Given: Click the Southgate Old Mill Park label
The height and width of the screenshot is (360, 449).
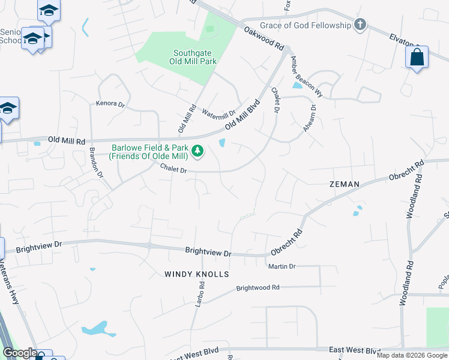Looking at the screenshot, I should click(x=194, y=56).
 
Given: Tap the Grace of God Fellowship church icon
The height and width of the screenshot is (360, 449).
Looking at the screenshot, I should click(x=360, y=25).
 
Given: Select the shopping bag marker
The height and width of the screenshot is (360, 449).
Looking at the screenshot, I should click(x=417, y=58).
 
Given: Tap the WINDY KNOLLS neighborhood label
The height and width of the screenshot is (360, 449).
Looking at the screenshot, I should click(x=197, y=274).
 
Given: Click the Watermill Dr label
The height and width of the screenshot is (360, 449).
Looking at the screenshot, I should click(x=218, y=112).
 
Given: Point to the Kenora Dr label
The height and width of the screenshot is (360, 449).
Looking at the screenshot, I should click(x=110, y=104).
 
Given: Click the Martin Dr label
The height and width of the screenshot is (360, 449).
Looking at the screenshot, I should click(x=282, y=266).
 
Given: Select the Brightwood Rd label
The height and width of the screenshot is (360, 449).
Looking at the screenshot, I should click(x=258, y=288).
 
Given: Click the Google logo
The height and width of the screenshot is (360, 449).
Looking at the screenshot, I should click(x=19, y=353).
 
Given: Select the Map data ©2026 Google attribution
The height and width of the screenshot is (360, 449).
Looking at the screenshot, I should click(x=412, y=355).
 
